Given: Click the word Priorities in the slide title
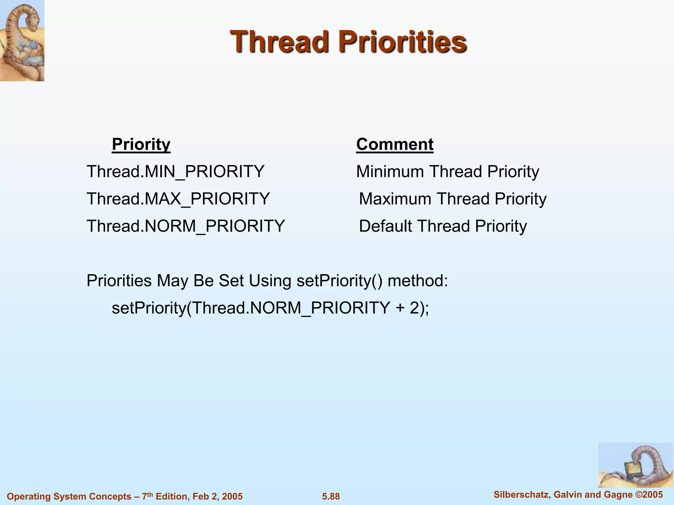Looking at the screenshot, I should [x=403, y=42].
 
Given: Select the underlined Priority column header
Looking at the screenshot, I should [x=141, y=144].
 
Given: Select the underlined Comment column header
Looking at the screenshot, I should [x=395, y=144].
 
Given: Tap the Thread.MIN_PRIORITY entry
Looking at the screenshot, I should [x=175, y=172].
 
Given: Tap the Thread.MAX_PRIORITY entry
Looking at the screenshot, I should [x=178, y=199].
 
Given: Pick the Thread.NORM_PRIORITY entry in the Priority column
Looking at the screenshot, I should [x=186, y=226].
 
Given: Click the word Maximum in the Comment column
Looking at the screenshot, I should [x=395, y=199].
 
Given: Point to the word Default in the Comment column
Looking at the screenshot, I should [x=385, y=226].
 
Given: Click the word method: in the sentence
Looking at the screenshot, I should [x=418, y=281].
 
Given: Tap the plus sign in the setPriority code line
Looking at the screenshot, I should [x=400, y=308].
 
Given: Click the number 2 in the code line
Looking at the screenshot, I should [x=414, y=308].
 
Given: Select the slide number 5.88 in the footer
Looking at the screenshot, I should [x=331, y=496].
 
